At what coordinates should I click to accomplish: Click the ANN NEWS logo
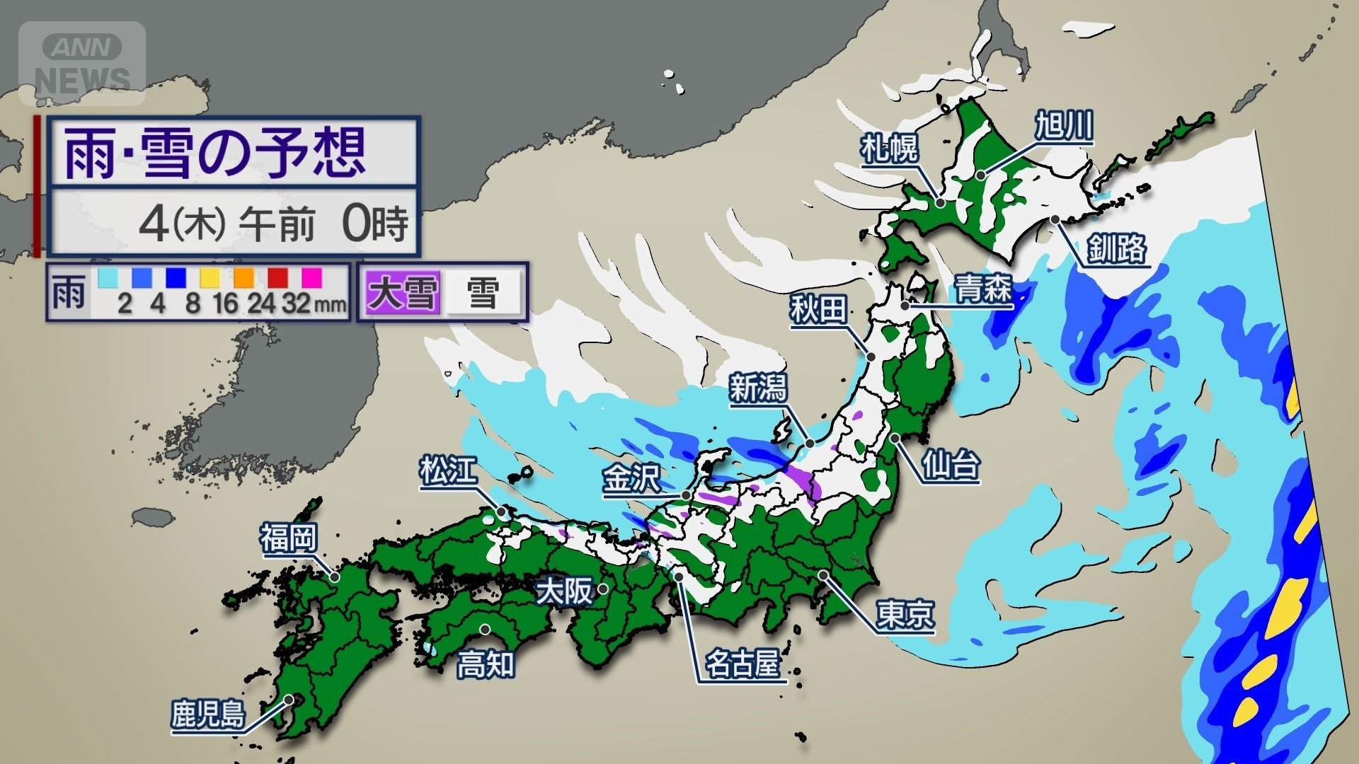tap(82, 64)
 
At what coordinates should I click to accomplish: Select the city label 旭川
tap(1064, 127)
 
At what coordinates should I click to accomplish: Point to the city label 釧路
tap(1116, 249)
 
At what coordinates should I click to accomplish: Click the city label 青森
tap(983, 289)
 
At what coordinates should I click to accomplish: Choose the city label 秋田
tap(818, 310)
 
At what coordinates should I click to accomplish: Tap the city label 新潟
tap(758, 388)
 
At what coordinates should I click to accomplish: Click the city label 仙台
tap(951, 465)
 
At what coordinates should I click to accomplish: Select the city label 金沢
tap(631, 479)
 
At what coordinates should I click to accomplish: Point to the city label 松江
tap(448, 471)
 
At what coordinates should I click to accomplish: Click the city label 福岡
tap(288, 538)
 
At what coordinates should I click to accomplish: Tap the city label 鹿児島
tap(208, 714)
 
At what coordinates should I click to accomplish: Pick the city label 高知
tap(486, 664)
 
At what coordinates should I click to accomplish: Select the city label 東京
tap(905, 615)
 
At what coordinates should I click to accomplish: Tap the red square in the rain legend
tap(278, 277)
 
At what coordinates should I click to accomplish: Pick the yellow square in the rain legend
tap(210, 277)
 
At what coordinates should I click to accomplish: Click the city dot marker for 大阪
tap(603, 588)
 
